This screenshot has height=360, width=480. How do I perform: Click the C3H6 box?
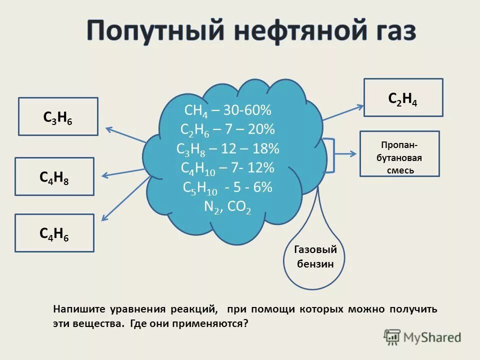pyautogui.click(x=58, y=116)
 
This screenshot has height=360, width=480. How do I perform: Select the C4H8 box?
pyautogui.click(x=54, y=176)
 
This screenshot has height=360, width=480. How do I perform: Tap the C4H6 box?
pyautogui.click(x=54, y=233)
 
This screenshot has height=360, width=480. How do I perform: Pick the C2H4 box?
pyautogui.click(x=403, y=97)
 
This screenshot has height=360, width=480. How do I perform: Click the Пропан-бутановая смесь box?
pyautogui.click(x=399, y=154)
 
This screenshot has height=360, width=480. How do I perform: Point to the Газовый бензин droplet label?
pyautogui.click(x=315, y=257)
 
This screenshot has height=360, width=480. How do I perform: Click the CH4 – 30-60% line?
pyautogui.click(x=228, y=110)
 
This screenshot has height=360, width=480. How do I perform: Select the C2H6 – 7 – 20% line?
pyautogui.click(x=228, y=129)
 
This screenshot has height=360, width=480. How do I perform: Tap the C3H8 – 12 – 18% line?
pyautogui.click(x=228, y=148)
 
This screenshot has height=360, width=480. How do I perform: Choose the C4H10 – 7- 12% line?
pyautogui.click(x=228, y=168)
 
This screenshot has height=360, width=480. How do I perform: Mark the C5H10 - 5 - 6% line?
pyautogui.click(x=228, y=187)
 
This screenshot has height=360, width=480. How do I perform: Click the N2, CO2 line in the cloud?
pyautogui.click(x=228, y=206)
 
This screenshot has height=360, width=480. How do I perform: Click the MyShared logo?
pyautogui.click(x=423, y=337)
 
